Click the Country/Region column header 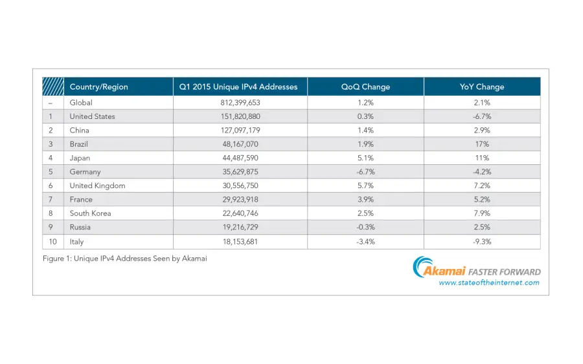(x=98, y=87)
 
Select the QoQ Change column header (x=365, y=87)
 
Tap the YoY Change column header (x=482, y=87)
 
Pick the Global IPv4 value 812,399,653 (x=240, y=102)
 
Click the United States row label (x=92, y=116)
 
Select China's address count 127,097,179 (x=240, y=130)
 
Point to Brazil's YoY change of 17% (x=482, y=144)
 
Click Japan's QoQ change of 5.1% (x=365, y=158)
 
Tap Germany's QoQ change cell (x=365, y=172)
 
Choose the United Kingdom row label (x=97, y=186)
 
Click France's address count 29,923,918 (x=240, y=200)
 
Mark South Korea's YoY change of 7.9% (x=482, y=213)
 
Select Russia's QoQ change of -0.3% (x=365, y=228)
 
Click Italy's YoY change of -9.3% (x=482, y=242)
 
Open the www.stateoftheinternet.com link (x=488, y=283)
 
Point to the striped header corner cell (x=52, y=87)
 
